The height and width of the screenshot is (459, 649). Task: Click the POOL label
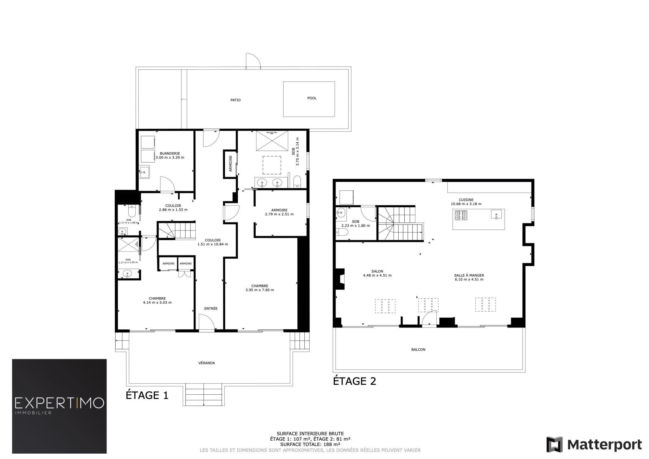[x=312, y=98]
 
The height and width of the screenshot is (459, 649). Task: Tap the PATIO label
[x=235, y=100]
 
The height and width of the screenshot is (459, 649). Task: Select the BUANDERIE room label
[x=170, y=153]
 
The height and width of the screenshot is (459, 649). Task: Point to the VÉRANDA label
[x=207, y=363]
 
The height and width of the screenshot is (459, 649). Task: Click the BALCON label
[x=418, y=350]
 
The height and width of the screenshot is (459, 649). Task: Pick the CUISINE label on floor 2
[x=466, y=200]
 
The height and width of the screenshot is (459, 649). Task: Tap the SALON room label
[x=377, y=271]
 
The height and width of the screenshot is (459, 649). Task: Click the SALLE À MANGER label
[x=469, y=275]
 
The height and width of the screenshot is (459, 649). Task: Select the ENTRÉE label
[x=211, y=308]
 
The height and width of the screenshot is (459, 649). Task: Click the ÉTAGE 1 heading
[x=147, y=395]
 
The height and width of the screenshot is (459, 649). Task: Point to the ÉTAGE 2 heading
[x=355, y=381]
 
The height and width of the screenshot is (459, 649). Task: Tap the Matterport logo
[x=594, y=444]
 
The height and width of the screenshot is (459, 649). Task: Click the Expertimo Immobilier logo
[x=59, y=406]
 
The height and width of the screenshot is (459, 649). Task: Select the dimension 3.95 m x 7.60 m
[x=260, y=290]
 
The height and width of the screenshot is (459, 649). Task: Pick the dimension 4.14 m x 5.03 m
[x=157, y=302]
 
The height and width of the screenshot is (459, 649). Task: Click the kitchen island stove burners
[x=461, y=215]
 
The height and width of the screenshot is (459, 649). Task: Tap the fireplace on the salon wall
[x=340, y=279]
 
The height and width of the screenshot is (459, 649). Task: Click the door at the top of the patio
[x=253, y=61]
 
